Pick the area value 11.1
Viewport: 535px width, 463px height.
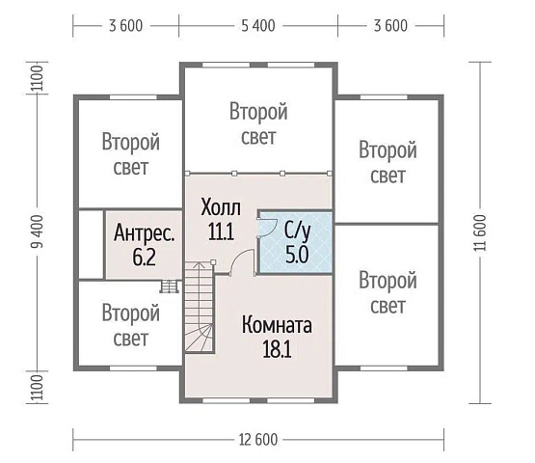coord(220,231)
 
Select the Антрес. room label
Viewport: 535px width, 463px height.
coord(144,233)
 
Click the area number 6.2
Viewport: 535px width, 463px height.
coord(144,258)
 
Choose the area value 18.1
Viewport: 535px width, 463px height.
coord(277,348)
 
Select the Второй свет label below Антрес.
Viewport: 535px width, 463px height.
coord(130,325)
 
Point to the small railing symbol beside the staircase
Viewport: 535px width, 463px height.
coord(171,286)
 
